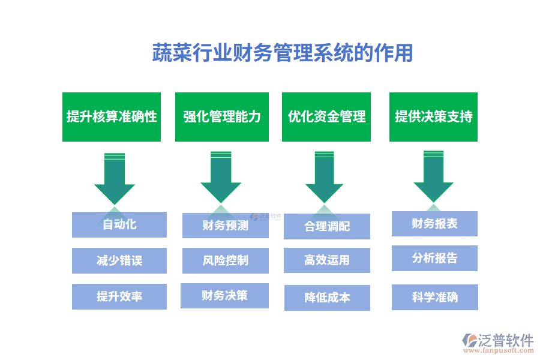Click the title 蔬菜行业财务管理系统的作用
(283, 53)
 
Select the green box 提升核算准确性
(112, 117)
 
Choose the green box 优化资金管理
(326, 117)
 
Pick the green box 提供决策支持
(433, 117)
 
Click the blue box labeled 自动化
(119, 224)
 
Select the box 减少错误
(119, 260)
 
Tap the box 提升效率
(119, 296)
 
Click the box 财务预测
(225, 226)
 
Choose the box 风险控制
(225, 260)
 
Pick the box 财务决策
(225, 295)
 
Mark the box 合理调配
(327, 226)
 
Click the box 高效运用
(327, 260)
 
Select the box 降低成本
(327, 298)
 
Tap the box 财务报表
(434, 223)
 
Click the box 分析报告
(434, 258)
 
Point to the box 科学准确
(434, 297)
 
